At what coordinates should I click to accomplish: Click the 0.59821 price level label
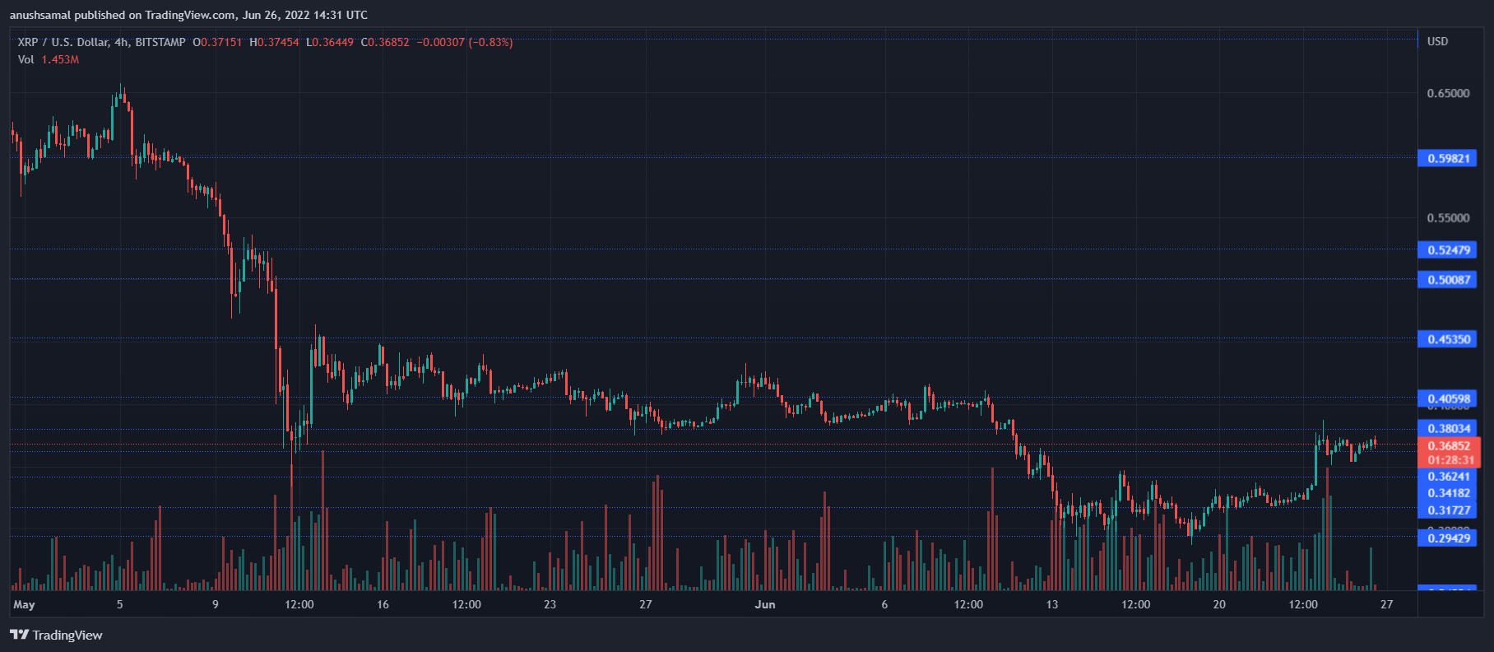(1448, 158)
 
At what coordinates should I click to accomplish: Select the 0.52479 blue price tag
(1448, 250)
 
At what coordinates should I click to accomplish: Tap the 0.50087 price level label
(1448, 280)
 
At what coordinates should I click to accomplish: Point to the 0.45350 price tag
(1448, 339)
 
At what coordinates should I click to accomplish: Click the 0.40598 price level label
(1448, 399)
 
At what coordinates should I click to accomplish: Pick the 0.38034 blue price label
(1448, 428)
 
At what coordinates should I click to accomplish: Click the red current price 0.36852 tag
(1448, 446)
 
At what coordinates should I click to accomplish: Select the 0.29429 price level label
(1448, 538)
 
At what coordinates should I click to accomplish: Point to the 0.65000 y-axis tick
(1448, 93)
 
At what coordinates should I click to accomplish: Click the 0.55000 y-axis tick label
(1448, 218)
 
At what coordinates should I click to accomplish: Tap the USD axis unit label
(1437, 41)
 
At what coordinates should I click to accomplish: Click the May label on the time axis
(24, 604)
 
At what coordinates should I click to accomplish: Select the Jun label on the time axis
(765, 604)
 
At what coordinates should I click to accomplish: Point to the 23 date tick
(550, 604)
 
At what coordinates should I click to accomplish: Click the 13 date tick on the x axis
(1051, 604)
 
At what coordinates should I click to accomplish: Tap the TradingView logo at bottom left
(56, 635)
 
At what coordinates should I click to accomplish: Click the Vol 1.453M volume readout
(49, 59)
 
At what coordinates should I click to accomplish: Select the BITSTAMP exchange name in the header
(160, 42)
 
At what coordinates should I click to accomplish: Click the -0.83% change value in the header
(490, 42)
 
